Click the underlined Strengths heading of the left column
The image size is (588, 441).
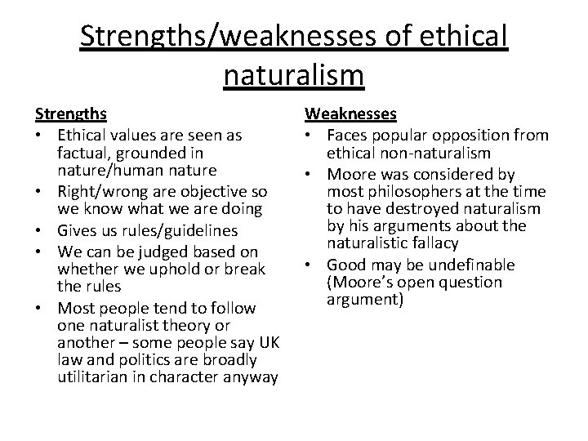click(x=71, y=114)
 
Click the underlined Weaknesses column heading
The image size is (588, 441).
click(x=351, y=114)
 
